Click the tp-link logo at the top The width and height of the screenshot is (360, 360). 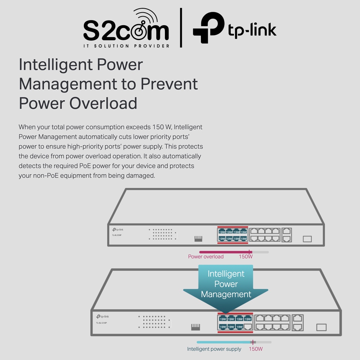click(234, 28)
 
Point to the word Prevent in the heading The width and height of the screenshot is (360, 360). click(169, 84)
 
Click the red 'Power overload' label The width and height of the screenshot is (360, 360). click(206, 257)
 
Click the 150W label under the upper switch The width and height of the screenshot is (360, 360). click(246, 257)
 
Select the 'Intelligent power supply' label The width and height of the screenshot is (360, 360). click(214, 349)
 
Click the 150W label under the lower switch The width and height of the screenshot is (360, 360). click(256, 349)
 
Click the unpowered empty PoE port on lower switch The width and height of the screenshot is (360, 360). click(248, 327)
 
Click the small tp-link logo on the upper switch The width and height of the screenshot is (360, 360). click(118, 229)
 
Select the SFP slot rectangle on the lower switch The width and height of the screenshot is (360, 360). click(321, 327)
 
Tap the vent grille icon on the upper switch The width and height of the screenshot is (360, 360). click(198, 239)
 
